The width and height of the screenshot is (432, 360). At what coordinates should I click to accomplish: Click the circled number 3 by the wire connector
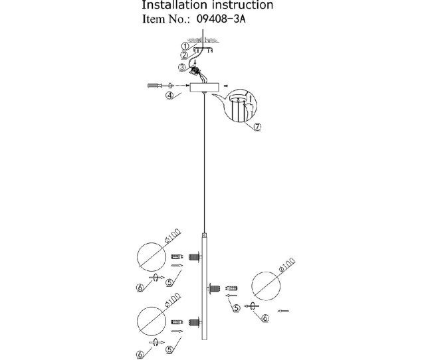[182, 67]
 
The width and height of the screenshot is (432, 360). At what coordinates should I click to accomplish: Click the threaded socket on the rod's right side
[215, 289]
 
